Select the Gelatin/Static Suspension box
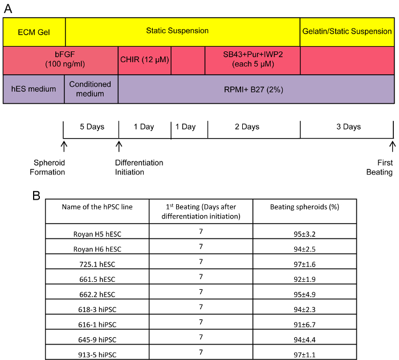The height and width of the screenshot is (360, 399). coord(347,31)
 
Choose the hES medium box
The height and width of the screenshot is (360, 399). coord(34,89)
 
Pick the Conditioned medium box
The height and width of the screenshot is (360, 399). coord(91,89)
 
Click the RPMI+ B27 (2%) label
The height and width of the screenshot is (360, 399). coord(255,89)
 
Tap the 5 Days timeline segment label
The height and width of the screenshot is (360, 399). coord(91,127)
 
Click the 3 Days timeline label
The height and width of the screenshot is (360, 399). coord(348,127)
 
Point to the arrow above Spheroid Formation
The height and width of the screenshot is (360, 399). coord(63,148)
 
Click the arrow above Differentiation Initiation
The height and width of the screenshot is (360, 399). coord(119,148)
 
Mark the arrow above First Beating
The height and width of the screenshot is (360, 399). coord(392,148)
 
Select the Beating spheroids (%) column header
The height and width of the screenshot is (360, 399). coord(304,207)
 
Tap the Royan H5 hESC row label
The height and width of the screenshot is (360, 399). coord(97,233)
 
